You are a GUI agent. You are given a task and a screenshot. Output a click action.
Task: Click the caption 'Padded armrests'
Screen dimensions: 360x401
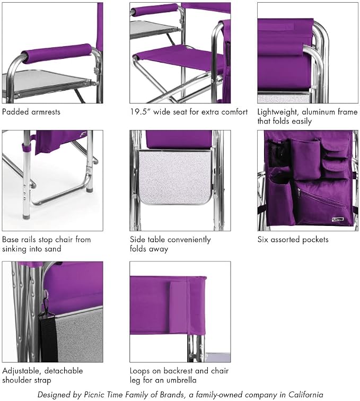pos(31,112)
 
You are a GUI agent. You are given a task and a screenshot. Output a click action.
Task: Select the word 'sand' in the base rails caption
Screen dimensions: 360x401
pos(53,249)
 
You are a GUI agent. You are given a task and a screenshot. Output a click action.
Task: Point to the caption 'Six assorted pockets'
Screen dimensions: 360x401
pos(293,240)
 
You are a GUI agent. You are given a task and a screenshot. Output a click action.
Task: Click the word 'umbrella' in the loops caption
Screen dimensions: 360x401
pos(181,380)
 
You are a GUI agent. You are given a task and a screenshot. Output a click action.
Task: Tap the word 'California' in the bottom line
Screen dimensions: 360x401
pos(305,395)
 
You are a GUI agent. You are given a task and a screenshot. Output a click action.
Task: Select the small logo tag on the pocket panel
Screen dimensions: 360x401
pos(338,220)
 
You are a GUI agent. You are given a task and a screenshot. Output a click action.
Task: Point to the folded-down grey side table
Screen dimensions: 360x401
pos(175,177)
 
